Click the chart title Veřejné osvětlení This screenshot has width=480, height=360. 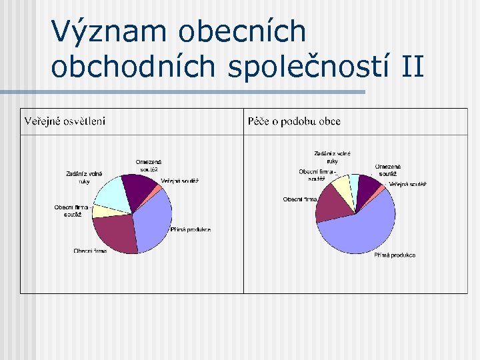click(65, 121)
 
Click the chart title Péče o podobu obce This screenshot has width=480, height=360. click(294, 121)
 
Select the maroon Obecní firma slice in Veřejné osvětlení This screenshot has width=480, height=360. click(115, 231)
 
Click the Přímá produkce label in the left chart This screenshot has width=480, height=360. click(191, 230)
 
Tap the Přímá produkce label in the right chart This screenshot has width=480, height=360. click(394, 255)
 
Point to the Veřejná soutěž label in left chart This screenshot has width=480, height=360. click(179, 181)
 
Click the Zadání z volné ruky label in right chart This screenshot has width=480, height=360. click(332, 157)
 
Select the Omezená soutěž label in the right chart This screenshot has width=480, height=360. click(387, 170)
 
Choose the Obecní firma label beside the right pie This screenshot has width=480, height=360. click(299, 199)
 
